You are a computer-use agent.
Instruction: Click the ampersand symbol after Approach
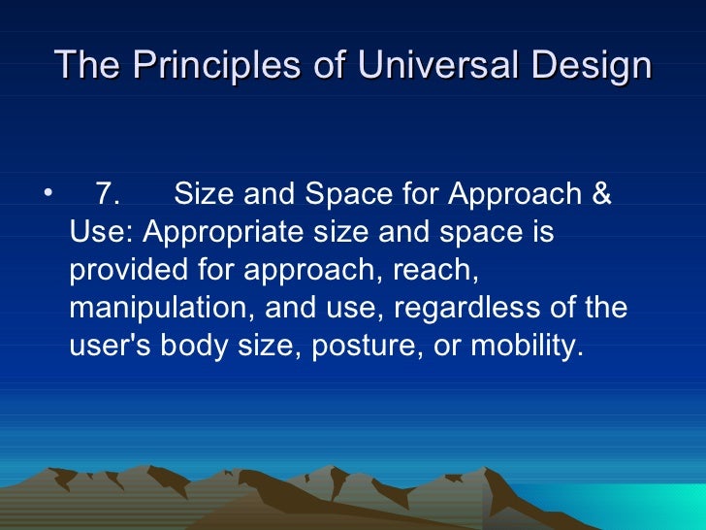[x=600, y=195]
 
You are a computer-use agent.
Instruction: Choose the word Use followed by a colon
[x=101, y=233]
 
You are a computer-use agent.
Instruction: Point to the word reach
[x=440, y=271]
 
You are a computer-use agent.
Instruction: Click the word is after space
[x=541, y=233]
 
